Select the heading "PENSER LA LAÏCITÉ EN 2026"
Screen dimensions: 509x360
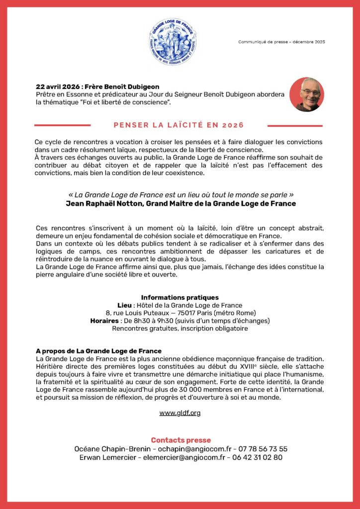(x=179, y=125)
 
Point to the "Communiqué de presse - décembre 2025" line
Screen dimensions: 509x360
(x=281, y=42)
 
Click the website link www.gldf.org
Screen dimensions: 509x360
(x=180, y=413)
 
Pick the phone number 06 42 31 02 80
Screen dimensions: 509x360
(x=259, y=457)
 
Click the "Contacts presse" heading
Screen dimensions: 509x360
(x=180, y=440)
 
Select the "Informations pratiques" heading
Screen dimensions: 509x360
(x=180, y=297)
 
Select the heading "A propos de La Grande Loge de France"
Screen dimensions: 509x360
(x=99, y=351)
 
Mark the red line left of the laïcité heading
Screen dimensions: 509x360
(x=62, y=125)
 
